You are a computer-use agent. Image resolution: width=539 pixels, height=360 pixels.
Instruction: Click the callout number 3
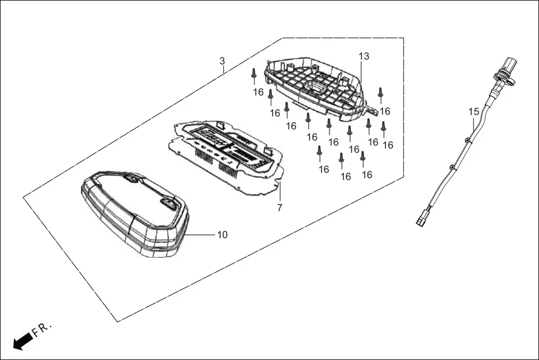tap(222, 60)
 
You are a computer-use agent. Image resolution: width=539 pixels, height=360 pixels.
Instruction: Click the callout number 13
tap(364, 56)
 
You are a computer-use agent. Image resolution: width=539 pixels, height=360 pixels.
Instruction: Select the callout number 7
tap(280, 208)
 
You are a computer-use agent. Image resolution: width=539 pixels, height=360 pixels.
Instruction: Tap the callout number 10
tap(222, 235)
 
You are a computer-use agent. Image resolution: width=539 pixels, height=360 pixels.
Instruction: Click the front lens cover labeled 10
tap(134, 215)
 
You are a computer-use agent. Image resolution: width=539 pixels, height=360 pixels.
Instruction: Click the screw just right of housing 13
tap(380, 92)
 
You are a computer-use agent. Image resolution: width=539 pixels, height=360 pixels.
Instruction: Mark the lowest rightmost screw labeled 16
tap(362, 157)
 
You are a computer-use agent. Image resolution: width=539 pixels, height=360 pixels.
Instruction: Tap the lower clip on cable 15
tap(452, 166)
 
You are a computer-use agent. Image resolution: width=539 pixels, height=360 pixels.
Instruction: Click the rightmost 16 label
tap(388, 145)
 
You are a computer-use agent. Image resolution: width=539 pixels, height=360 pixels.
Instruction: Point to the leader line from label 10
tap(201, 235)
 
